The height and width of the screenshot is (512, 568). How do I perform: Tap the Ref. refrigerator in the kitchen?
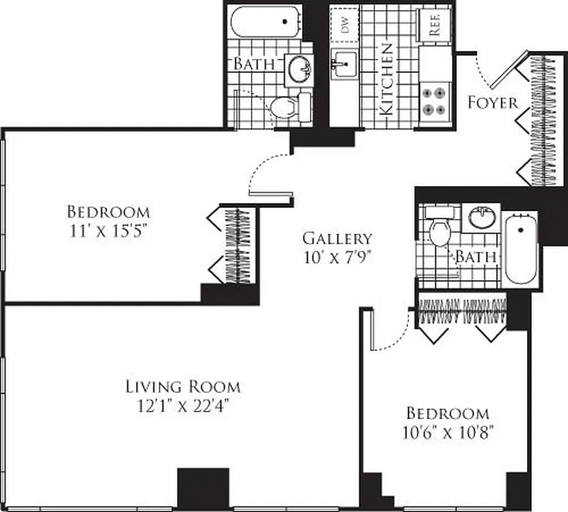tap(434, 25)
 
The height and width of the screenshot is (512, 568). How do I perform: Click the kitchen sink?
tap(343, 65)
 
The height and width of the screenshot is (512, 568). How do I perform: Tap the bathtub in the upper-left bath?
tap(265, 22)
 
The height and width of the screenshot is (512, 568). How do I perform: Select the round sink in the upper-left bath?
tap(299, 68)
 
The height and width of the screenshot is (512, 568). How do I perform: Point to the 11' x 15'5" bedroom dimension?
tap(108, 230)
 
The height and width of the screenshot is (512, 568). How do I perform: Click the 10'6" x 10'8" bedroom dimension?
tap(447, 431)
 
